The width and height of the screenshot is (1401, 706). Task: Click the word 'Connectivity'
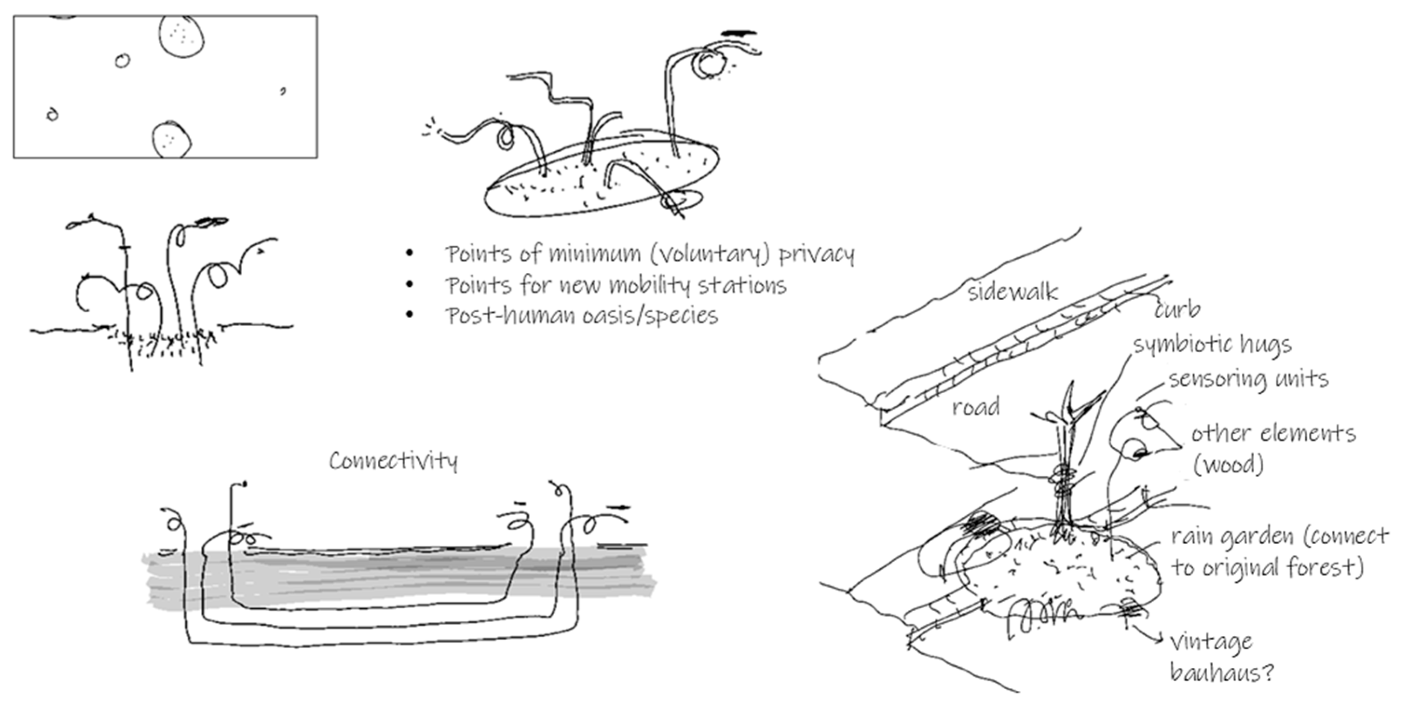coord(393,461)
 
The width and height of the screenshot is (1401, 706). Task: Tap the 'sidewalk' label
coord(1012,293)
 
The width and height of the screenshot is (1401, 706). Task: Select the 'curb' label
coord(1177,310)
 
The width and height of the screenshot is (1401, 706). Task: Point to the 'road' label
coord(976,407)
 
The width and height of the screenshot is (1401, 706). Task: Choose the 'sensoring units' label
coord(1249,379)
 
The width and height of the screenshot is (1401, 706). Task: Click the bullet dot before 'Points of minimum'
coord(409,253)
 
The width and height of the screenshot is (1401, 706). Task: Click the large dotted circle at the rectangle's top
coord(182,36)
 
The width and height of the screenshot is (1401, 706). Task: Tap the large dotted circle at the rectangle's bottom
coord(171,139)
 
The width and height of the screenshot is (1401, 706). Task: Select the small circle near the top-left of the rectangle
coord(122,61)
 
